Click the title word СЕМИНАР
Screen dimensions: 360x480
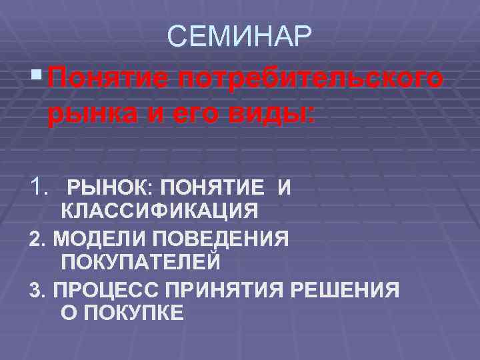[239, 37]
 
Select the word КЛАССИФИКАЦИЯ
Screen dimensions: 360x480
[159, 212]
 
